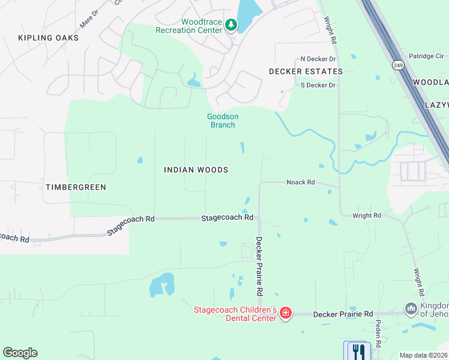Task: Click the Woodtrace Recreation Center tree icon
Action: [x=231, y=25]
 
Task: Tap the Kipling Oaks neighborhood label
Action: [x=49, y=38]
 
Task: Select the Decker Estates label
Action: [x=306, y=71]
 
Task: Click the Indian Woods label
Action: [x=196, y=170]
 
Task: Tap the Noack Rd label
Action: [x=301, y=182]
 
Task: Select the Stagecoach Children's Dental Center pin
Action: [x=286, y=313]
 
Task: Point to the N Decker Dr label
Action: [x=318, y=59]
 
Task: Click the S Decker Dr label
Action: [x=318, y=85]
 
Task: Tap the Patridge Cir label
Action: [x=426, y=56]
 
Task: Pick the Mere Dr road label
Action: [x=88, y=19]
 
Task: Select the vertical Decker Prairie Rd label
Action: [x=259, y=266]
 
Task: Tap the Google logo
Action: [x=20, y=353]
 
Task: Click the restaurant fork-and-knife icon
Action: [x=359, y=350]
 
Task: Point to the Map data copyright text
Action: [x=424, y=355]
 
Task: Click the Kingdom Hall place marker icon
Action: [x=411, y=309]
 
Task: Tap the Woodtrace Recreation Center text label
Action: [x=188, y=26]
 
